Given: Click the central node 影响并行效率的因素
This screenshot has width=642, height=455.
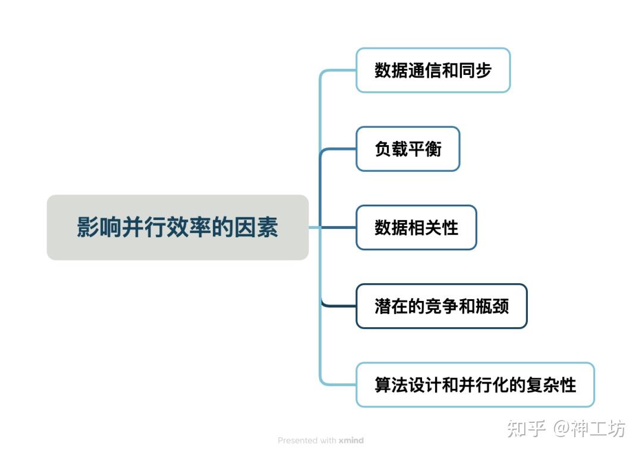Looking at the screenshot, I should pyautogui.click(x=177, y=227).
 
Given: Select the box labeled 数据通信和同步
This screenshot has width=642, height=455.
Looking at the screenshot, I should pyautogui.click(x=433, y=70).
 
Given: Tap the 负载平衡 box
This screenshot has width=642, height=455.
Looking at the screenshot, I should pyautogui.click(x=408, y=149).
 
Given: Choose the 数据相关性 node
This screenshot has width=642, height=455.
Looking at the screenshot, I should pyautogui.click(x=416, y=227).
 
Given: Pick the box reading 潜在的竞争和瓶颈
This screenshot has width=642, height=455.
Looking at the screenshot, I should pyautogui.click(x=441, y=306).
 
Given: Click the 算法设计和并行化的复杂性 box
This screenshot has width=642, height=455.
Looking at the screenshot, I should pyautogui.click(x=475, y=385).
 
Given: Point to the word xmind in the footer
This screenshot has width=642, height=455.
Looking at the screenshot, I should pyautogui.click(x=351, y=441).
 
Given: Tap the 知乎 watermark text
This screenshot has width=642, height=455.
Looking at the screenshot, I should pyautogui.click(x=526, y=428).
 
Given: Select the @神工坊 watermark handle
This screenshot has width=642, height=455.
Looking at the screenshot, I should pyautogui.click(x=590, y=428).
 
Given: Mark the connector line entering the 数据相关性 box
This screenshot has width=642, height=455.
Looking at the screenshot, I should pyautogui.click(x=339, y=227).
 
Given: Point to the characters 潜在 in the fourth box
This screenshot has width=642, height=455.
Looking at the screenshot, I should pyautogui.click(x=391, y=306).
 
